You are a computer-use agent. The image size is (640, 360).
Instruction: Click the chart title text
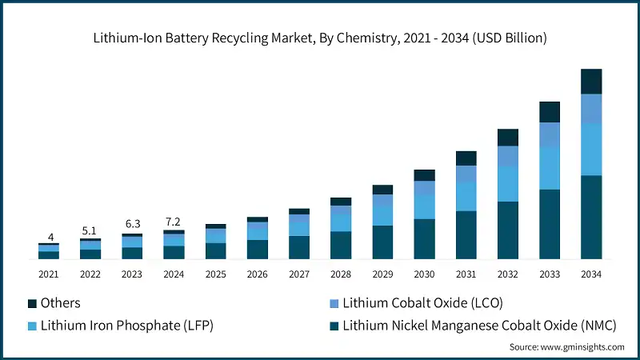coord(320,38)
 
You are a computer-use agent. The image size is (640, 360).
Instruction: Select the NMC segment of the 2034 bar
coord(591,217)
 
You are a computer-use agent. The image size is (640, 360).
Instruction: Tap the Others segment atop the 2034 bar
coord(591,82)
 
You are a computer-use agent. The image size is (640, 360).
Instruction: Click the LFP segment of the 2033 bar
coord(550,168)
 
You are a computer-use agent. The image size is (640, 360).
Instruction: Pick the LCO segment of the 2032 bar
coord(508,157)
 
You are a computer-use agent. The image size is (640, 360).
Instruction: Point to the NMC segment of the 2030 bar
coord(424,239)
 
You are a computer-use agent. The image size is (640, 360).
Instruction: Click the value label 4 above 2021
coord(50,237)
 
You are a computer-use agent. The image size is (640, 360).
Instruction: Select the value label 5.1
coord(90,231)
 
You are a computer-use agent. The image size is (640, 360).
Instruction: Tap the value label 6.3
coord(132,224)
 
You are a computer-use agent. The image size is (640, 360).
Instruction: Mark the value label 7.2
coord(174,220)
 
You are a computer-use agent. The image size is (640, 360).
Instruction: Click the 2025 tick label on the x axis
coord(215,274)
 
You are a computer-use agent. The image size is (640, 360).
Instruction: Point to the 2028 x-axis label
coord(341,274)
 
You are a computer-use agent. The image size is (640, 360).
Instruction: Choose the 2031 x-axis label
coord(466,274)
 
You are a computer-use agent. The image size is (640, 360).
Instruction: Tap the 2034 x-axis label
coord(591,274)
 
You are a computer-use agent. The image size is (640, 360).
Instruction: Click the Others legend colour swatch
coord(32,304)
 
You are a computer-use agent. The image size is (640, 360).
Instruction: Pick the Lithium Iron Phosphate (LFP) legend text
coord(127,326)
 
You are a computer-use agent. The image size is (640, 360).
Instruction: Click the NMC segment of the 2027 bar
coord(299,247)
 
